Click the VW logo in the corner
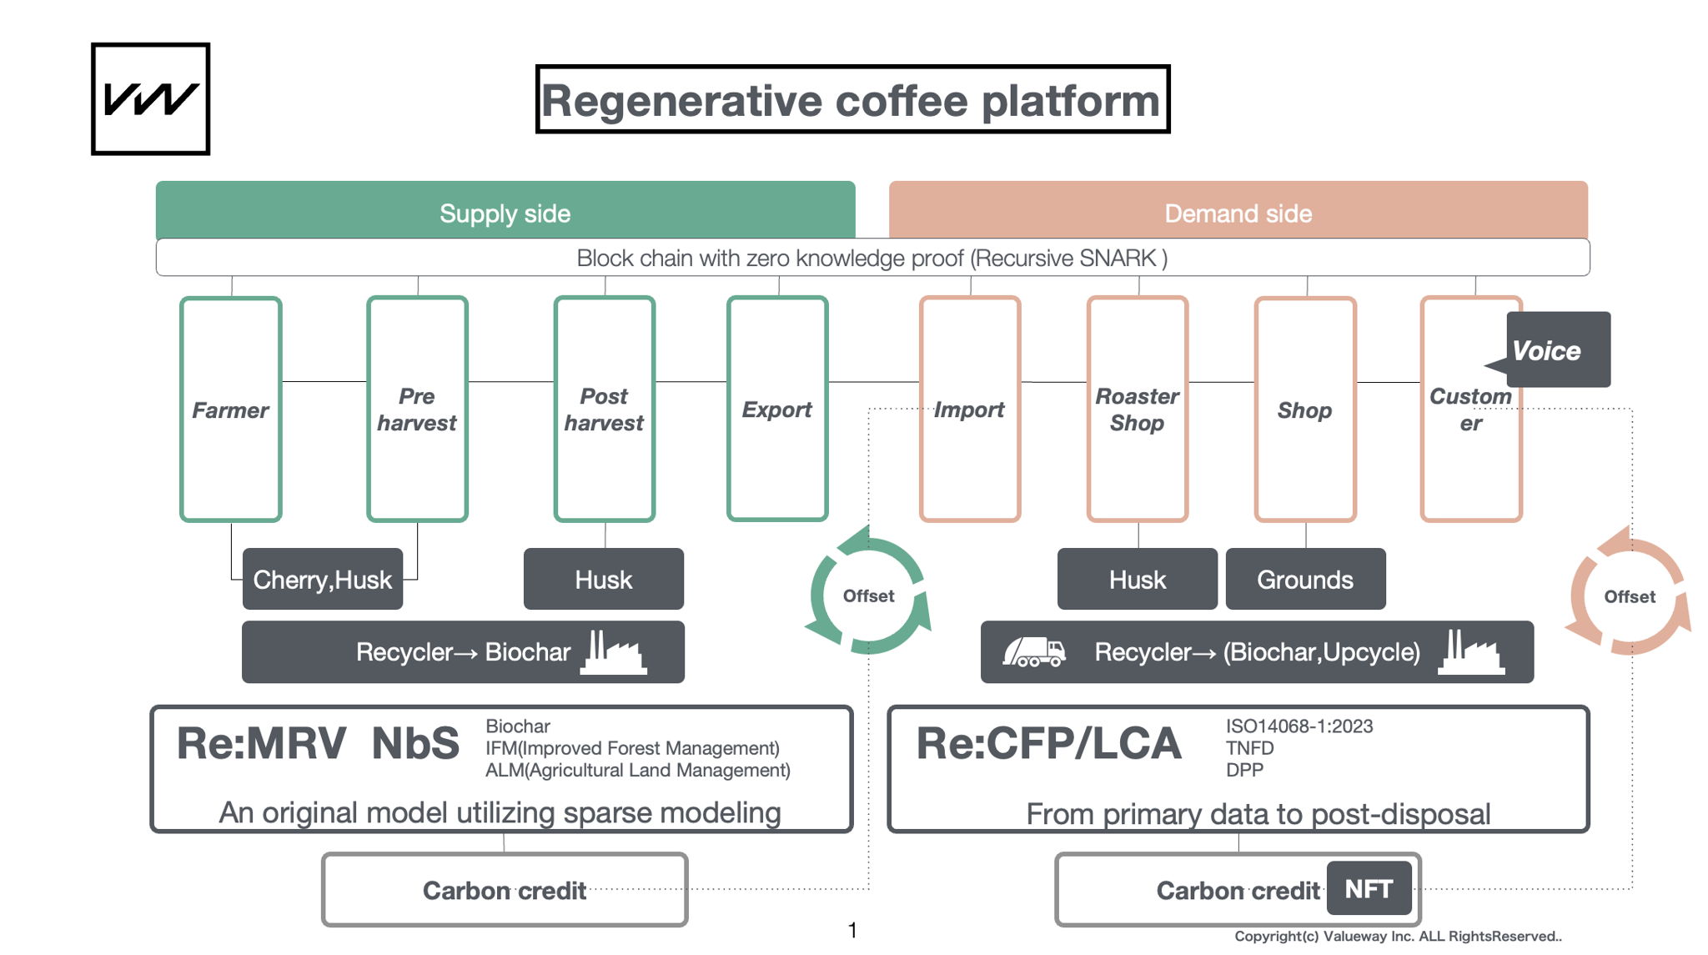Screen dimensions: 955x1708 (x=150, y=98)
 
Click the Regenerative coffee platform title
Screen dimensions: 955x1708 (x=851, y=100)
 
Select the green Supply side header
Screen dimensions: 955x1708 (x=505, y=212)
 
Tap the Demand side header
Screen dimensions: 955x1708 (x=1238, y=212)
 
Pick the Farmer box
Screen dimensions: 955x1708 (x=230, y=410)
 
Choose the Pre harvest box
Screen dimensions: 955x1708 (x=417, y=410)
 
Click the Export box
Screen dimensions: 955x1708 (x=777, y=410)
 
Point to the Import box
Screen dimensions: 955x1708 (x=969, y=410)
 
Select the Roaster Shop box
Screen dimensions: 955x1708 (x=1138, y=410)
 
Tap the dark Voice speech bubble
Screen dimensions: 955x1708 (x=1556, y=350)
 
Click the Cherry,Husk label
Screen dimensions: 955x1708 (x=323, y=580)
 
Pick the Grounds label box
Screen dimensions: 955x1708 (x=1305, y=580)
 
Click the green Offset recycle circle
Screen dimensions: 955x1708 (x=868, y=596)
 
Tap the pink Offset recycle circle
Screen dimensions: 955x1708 (x=1630, y=596)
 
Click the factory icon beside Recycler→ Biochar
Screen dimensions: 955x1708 (x=614, y=652)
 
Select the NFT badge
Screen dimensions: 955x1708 (x=1369, y=889)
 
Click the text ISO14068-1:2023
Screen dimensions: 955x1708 (x=1299, y=726)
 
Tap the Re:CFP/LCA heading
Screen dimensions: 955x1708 (x=1048, y=744)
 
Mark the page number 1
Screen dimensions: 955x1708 (x=852, y=930)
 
